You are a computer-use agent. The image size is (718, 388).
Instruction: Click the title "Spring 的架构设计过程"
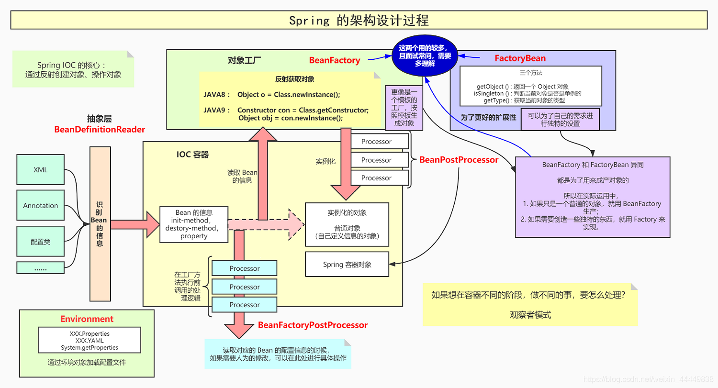coord(359,21)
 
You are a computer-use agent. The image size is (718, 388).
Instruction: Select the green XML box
coord(40,169)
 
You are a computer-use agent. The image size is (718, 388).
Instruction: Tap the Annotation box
coord(40,205)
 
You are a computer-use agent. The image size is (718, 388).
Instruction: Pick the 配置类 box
coord(40,242)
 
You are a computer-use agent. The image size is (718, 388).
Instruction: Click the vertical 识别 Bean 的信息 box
coord(100,223)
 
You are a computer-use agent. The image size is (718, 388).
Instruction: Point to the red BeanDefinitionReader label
coord(100,130)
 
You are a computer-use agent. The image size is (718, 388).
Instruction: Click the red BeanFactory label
coord(334,60)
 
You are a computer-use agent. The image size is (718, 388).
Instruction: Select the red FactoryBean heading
coord(520,58)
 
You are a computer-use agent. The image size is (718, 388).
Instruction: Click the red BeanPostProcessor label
coord(459,160)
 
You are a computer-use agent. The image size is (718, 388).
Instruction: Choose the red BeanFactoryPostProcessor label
coord(313,325)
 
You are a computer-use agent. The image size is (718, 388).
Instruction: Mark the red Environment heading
coord(87,319)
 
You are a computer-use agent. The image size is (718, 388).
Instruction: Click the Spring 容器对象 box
coord(347,264)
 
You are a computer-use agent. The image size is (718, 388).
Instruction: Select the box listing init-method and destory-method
coord(194,224)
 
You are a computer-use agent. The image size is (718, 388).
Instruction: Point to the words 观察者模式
coord(530,315)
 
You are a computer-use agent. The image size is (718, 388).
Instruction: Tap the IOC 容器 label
coord(192,155)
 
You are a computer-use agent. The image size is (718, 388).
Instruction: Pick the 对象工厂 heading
coord(244,60)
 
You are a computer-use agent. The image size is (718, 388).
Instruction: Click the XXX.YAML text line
coord(89,341)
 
